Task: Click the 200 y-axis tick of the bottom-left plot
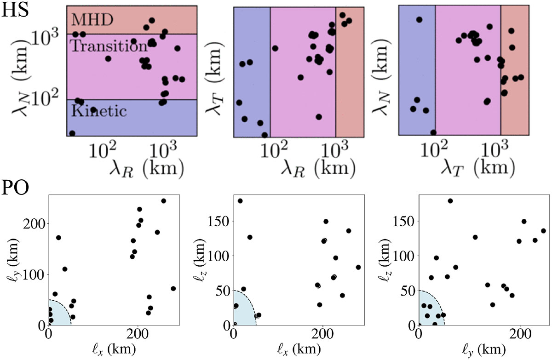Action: (36, 223)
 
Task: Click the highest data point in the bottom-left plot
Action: (163, 201)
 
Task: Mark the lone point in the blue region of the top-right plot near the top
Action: (419, 19)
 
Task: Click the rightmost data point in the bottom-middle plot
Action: (358, 267)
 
